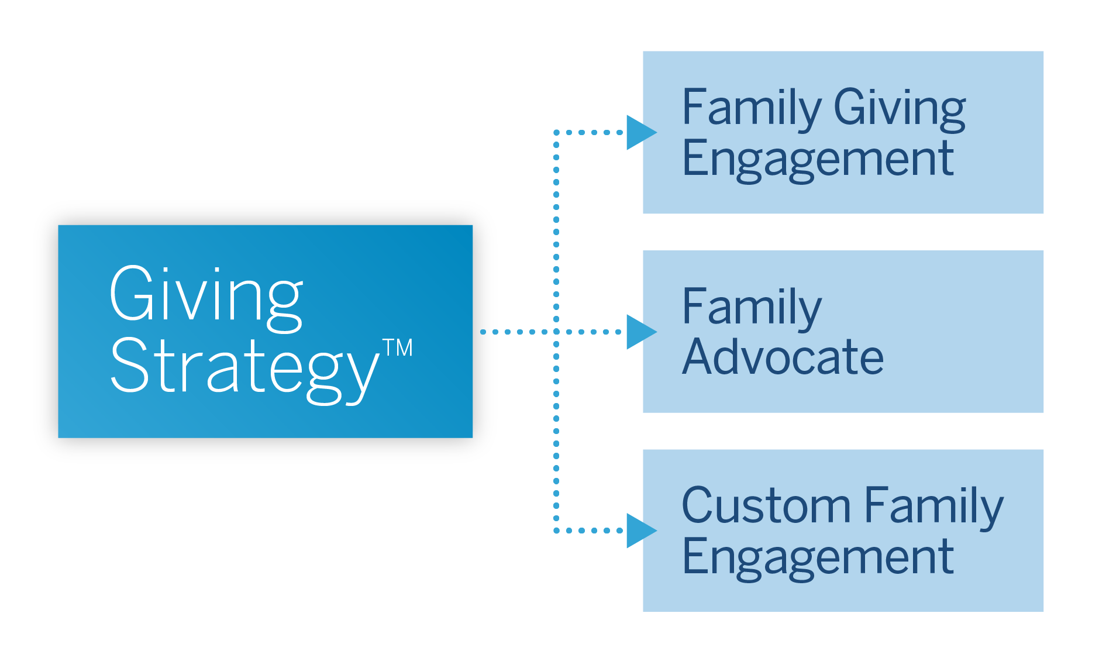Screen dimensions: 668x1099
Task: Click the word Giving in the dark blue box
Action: pos(206,295)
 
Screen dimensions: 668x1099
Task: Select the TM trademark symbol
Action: pos(398,347)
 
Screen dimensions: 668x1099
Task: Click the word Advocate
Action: pos(783,357)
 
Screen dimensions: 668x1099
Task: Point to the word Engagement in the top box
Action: pos(818,159)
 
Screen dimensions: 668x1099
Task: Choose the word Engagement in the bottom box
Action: pos(818,557)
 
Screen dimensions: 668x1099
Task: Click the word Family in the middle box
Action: pos(752,308)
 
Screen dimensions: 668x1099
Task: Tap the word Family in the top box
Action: pos(752,108)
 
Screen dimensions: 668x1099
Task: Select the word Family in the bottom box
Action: pos(933,506)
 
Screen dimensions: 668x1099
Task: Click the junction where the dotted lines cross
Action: pos(556,332)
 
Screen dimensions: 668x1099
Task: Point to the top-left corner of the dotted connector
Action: pos(556,133)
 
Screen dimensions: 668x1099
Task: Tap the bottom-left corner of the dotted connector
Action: pos(556,531)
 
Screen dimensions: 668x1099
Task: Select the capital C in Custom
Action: pos(700,506)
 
